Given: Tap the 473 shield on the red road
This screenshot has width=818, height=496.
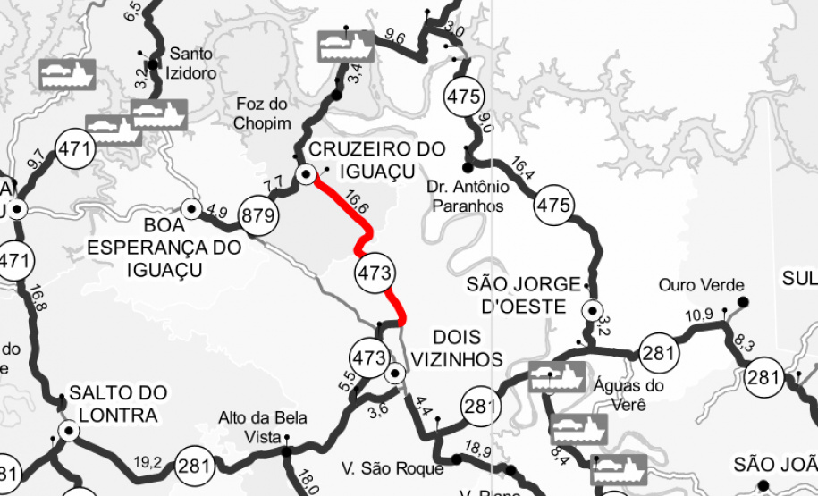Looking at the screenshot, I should click(x=374, y=273).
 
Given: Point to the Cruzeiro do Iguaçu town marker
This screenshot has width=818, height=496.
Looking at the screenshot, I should click(x=306, y=175).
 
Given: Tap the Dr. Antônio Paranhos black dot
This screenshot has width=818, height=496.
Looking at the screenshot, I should click(x=467, y=167).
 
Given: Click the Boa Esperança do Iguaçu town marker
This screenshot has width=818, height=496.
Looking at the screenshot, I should click(x=190, y=208).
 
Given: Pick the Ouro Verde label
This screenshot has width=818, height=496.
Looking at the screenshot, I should click(x=701, y=285).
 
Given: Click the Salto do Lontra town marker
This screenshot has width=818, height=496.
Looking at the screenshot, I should click(x=66, y=431).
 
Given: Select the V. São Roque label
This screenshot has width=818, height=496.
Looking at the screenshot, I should click(x=392, y=468).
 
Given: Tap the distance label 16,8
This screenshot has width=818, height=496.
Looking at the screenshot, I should click(x=38, y=298).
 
